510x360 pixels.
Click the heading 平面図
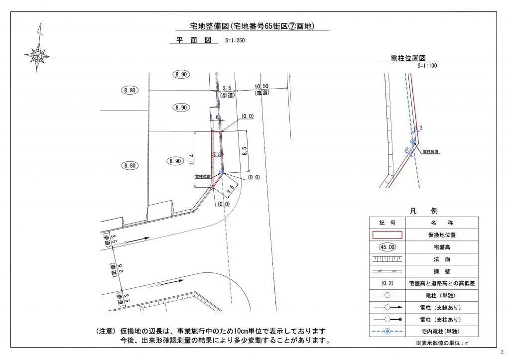[x=194, y=40]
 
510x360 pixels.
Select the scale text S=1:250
[x=235, y=41]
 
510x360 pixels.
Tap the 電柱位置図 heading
[x=408, y=58]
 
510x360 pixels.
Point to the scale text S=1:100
[x=427, y=65]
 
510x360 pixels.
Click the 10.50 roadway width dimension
[x=262, y=86]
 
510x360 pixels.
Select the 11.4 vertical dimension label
[x=192, y=160]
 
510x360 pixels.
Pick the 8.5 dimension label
[x=244, y=150]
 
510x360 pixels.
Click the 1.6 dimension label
[x=215, y=117]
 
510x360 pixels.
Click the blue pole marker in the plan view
[x=222, y=171]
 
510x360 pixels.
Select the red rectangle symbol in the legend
[x=387, y=235]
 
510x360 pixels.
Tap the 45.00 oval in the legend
[x=387, y=246]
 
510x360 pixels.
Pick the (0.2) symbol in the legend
[x=387, y=283]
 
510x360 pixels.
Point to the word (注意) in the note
[x=106, y=331]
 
